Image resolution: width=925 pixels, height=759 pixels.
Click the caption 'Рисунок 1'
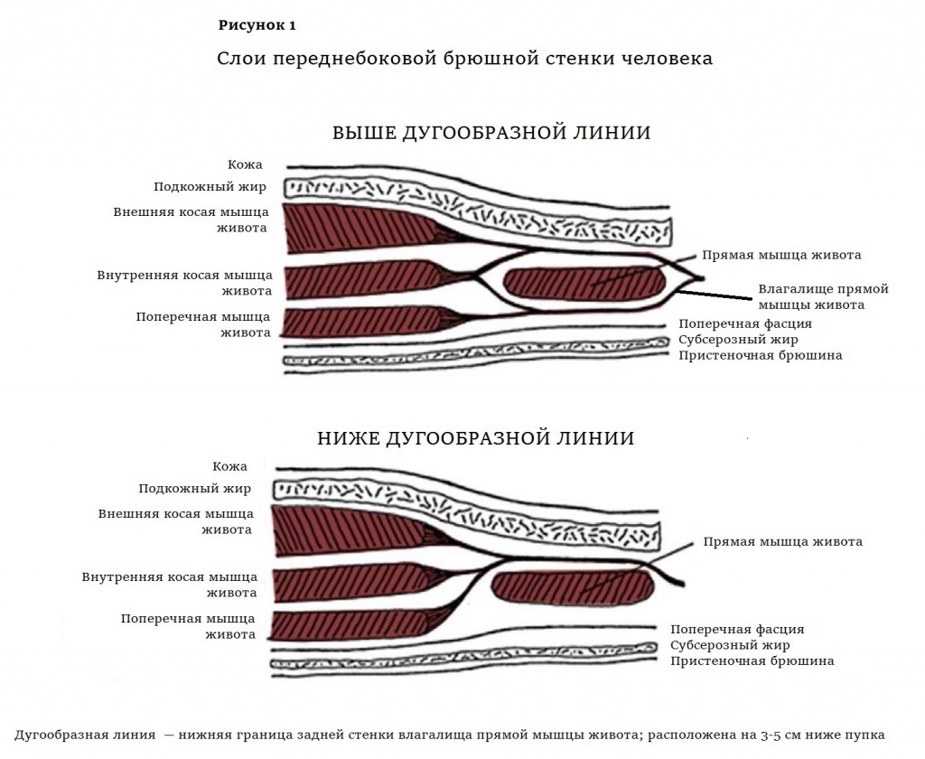pos(257,25)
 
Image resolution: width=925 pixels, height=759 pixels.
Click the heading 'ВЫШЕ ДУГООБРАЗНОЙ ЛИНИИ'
pos(491,133)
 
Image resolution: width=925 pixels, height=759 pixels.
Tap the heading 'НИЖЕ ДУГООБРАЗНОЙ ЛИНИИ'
pos(475,438)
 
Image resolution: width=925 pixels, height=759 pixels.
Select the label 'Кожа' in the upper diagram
pos(246,164)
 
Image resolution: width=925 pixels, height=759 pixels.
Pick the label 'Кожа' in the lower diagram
pos(230,466)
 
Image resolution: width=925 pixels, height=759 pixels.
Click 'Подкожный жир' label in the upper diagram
pos(210,187)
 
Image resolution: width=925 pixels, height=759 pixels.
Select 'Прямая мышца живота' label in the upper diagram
pos(781,255)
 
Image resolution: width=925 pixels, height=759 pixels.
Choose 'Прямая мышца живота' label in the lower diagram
pos(782,541)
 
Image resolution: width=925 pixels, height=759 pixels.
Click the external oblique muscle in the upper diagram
pos(352,228)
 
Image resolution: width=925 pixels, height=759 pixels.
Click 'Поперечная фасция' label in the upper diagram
pos(745,323)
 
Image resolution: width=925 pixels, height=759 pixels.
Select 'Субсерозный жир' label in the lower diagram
pos(730,645)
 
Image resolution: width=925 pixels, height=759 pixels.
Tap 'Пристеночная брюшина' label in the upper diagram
pos(761,355)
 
